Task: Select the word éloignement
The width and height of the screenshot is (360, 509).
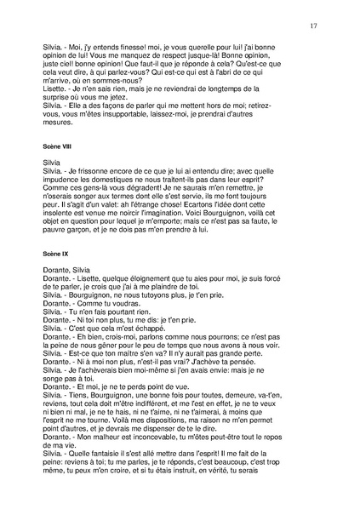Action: (138, 278)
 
